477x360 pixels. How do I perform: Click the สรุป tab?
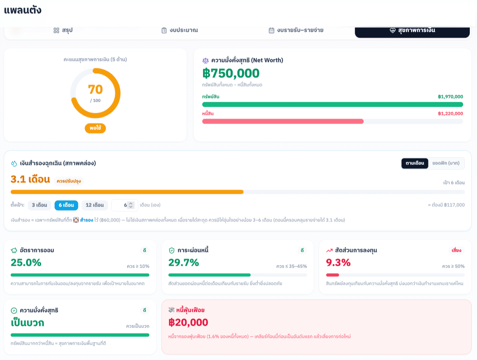63,30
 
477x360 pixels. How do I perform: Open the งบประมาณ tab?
180,30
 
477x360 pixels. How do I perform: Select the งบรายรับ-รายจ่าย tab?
296,30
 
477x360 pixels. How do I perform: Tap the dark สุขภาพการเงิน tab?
412,31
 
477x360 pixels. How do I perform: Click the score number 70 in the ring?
95,90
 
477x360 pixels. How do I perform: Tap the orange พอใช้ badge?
95,128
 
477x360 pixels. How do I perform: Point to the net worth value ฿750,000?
231,73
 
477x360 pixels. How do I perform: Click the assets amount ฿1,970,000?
450,97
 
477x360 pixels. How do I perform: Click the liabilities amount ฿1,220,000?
450,113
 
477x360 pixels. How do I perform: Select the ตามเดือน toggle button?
415,163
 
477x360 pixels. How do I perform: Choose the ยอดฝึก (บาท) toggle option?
446,163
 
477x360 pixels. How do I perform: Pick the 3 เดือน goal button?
39,205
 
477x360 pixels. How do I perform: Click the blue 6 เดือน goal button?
66,205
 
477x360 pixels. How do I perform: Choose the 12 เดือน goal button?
95,205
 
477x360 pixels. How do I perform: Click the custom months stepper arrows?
131,205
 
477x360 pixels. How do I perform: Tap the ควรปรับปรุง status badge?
69,181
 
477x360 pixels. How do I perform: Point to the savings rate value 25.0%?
26,263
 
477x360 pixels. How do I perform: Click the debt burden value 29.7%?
184,263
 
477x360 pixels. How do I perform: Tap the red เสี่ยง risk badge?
456,250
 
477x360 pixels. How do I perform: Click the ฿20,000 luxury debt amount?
188,322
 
